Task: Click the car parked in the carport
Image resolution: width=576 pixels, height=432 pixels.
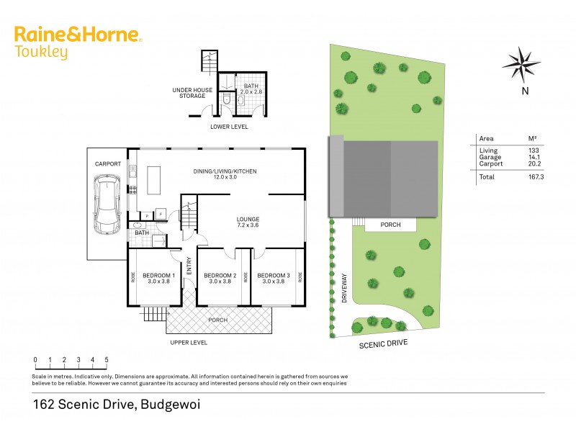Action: point(107,207)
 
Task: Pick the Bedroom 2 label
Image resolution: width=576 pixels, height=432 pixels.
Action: point(220,279)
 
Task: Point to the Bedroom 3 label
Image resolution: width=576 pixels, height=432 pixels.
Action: point(274,279)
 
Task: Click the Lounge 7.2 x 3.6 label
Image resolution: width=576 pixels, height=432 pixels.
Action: point(248,222)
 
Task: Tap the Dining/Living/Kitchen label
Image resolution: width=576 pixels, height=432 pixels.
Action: point(225,174)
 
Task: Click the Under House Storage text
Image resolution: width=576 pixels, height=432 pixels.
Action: point(192,92)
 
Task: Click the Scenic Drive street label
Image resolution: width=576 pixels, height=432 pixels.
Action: point(383,344)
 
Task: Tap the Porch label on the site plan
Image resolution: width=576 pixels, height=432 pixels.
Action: point(391,225)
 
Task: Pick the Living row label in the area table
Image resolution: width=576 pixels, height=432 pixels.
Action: point(488,150)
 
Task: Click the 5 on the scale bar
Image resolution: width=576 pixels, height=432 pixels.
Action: point(107,360)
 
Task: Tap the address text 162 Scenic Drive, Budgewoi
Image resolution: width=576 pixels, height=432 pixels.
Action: point(116,405)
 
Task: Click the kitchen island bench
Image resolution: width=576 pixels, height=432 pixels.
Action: point(154,181)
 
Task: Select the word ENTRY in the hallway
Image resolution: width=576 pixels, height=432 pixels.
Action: point(190,267)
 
